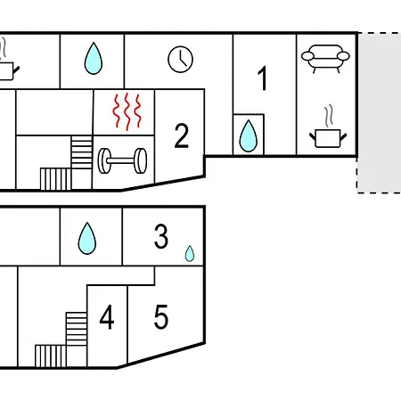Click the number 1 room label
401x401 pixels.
(x=263, y=78)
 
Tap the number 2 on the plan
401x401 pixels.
(x=182, y=135)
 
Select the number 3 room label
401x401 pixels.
(x=161, y=236)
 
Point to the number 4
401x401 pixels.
(x=107, y=317)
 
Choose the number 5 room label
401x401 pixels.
(x=161, y=317)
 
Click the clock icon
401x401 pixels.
(x=180, y=60)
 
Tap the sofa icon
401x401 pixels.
(x=325, y=59)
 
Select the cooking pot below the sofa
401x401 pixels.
(x=328, y=138)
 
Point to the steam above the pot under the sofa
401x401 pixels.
(x=328, y=116)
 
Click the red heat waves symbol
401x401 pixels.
(x=127, y=111)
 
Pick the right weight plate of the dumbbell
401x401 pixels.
(x=140, y=160)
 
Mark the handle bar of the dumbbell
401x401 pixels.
(x=122, y=160)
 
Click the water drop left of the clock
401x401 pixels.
(x=94, y=58)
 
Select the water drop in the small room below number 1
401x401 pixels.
(x=249, y=135)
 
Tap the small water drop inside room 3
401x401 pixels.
(x=190, y=253)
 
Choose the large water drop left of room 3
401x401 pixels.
(x=87, y=238)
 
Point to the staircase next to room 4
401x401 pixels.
(x=61, y=340)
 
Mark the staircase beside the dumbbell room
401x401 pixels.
(x=66, y=163)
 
